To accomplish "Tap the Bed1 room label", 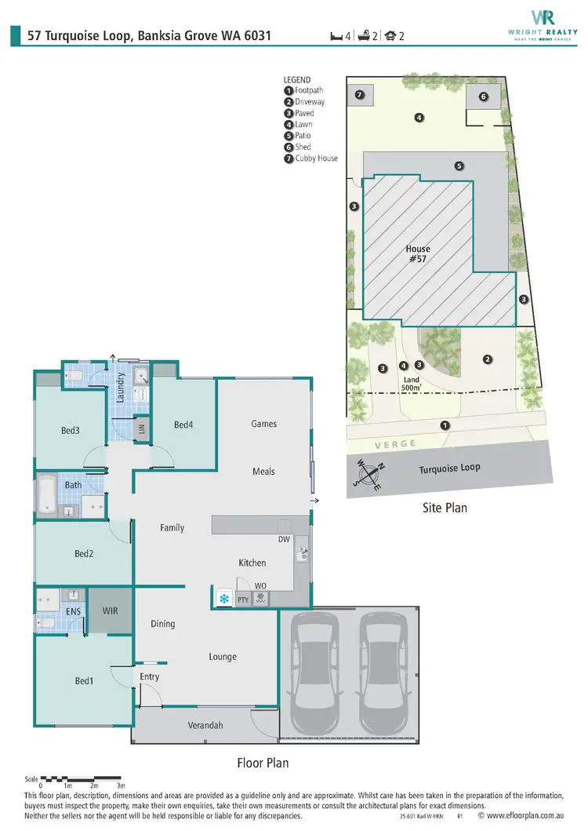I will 84,681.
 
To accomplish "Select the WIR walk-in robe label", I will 110,610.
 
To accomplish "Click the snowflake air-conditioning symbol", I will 224,600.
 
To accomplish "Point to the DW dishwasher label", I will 284,539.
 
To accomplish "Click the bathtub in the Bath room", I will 44,497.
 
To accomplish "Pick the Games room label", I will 263,424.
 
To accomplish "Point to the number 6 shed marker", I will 483,97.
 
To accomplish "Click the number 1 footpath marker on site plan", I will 445,425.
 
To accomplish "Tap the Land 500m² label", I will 411,383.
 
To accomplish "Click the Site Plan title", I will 445,508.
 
